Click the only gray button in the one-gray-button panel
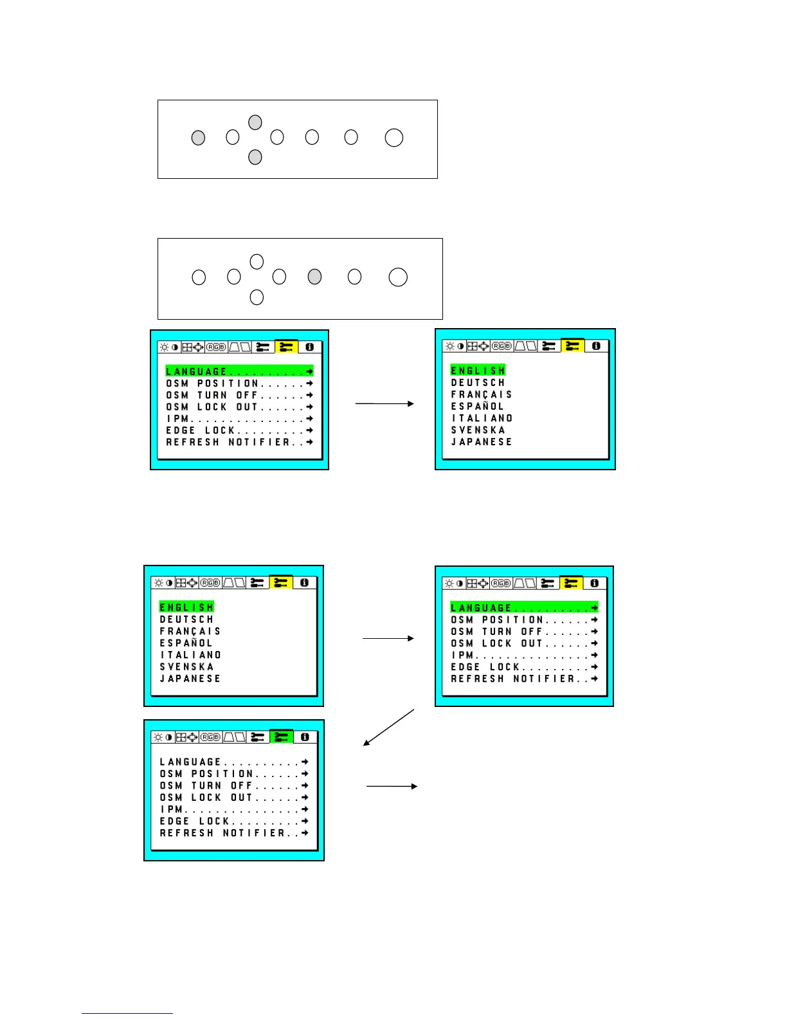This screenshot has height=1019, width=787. click(x=314, y=277)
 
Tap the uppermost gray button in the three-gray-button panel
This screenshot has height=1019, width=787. click(x=255, y=122)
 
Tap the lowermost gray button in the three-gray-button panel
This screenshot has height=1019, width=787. click(x=255, y=156)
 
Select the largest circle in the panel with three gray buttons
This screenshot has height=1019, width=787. click(x=394, y=138)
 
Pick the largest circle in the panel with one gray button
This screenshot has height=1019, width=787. click(x=398, y=277)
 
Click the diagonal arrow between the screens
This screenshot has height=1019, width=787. click(x=389, y=727)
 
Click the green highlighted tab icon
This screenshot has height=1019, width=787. click(x=282, y=737)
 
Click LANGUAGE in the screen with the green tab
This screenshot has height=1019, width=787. click(x=190, y=762)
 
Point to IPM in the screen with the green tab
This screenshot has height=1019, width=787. click(x=172, y=809)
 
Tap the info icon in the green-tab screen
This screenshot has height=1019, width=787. click(x=305, y=737)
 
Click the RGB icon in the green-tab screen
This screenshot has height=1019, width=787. click(x=210, y=737)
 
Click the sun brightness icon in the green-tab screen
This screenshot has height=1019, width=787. click(x=158, y=737)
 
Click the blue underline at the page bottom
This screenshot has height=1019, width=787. click(x=127, y=1013)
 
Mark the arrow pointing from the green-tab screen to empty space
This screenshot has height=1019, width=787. click(x=392, y=786)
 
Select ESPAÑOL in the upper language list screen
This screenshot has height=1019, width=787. click(x=478, y=406)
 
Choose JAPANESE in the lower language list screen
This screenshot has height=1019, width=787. click(x=190, y=679)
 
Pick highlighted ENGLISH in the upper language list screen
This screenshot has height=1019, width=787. click(x=478, y=371)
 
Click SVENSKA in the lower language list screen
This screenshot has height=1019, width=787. click(x=187, y=666)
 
